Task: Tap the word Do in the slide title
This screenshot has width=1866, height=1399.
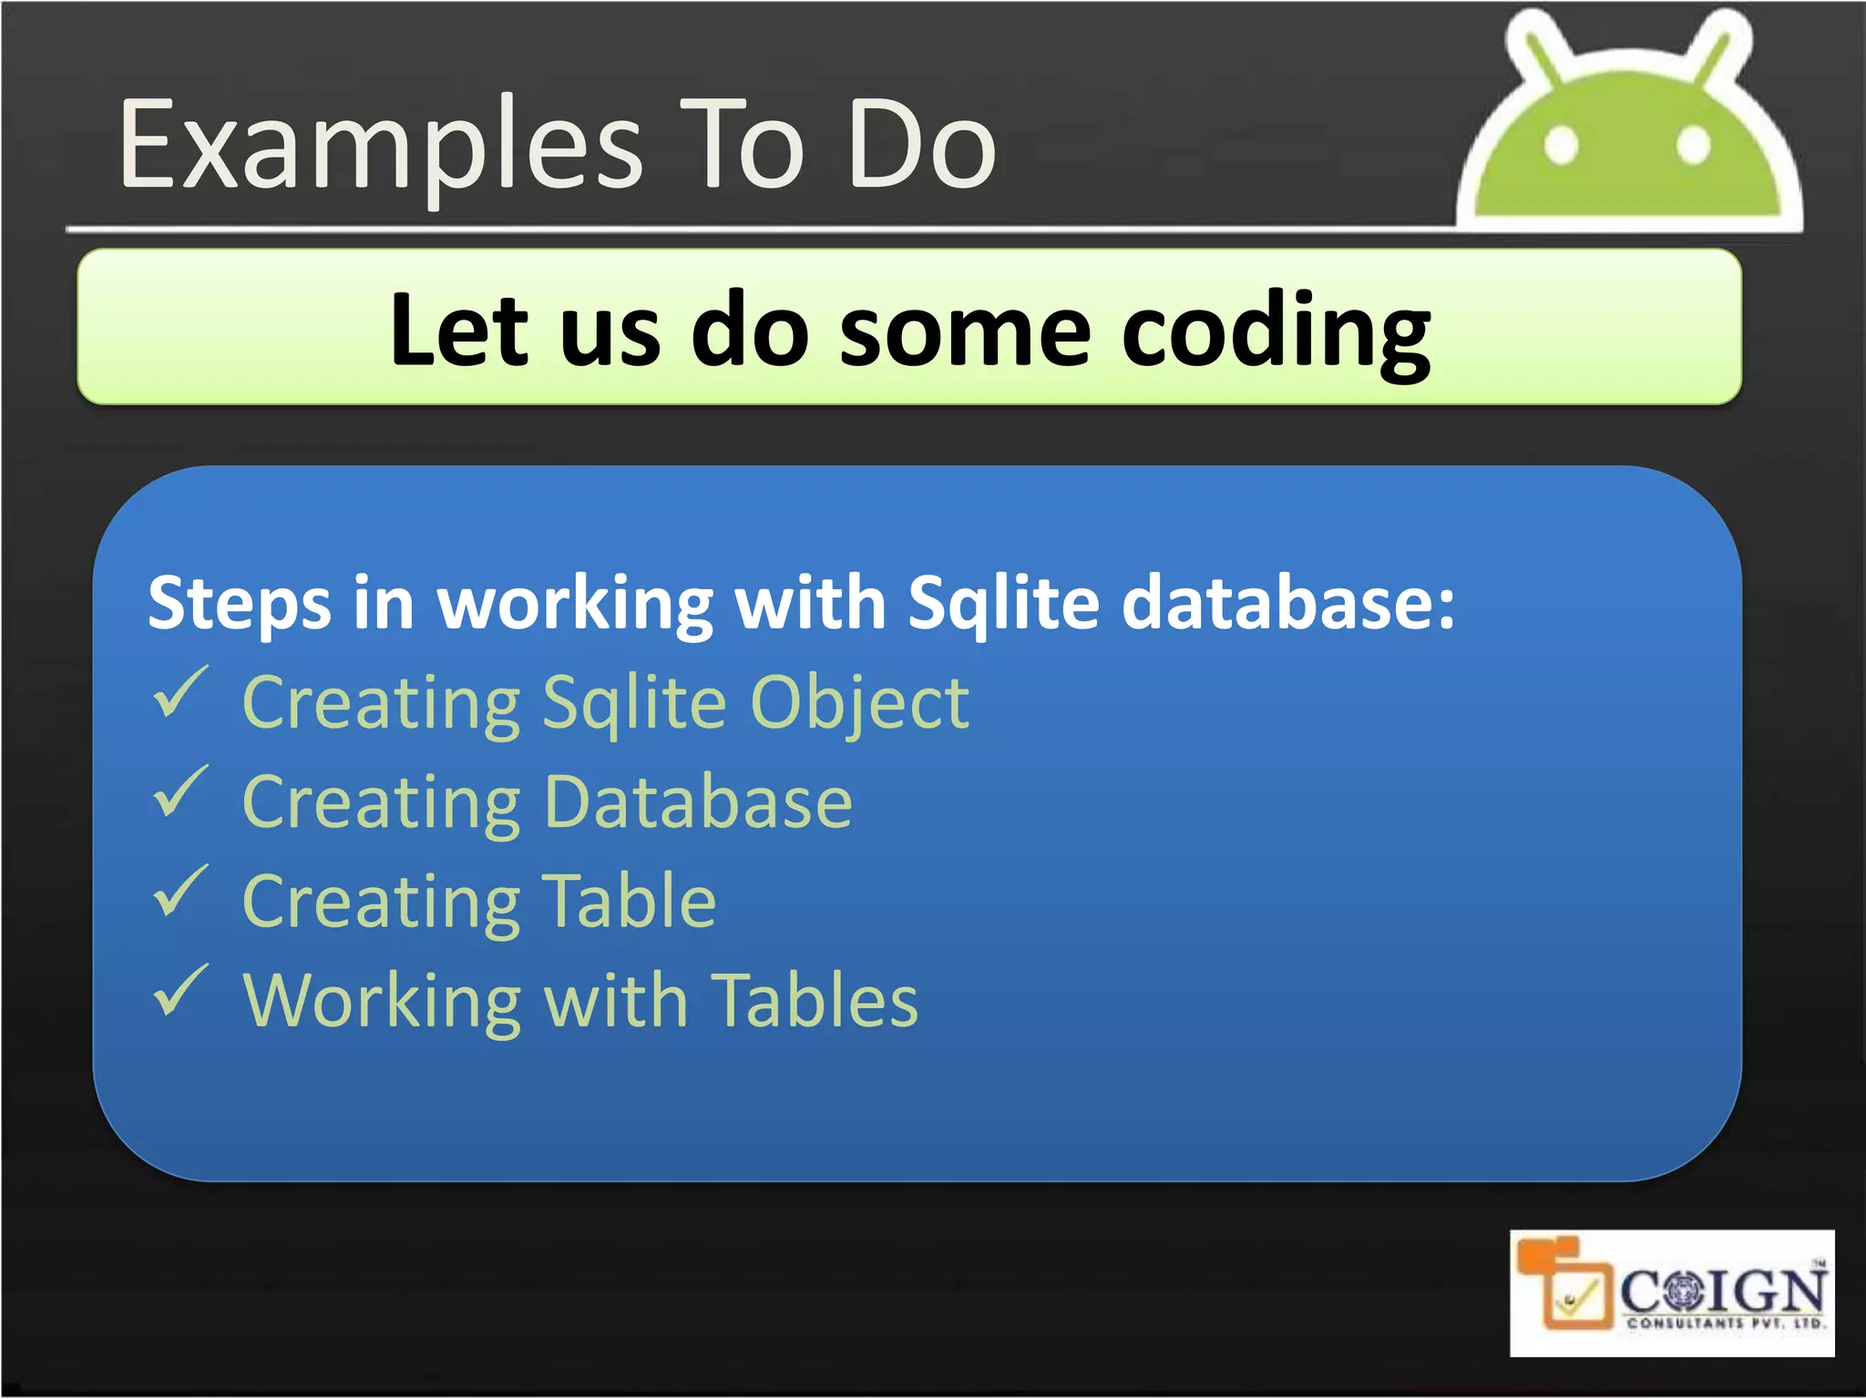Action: pyautogui.click(x=922, y=146)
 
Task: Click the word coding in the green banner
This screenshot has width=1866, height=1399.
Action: pyautogui.click(x=1276, y=332)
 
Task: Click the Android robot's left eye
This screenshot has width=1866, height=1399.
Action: pyautogui.click(x=1561, y=146)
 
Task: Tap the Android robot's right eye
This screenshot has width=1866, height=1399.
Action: pyautogui.click(x=1693, y=146)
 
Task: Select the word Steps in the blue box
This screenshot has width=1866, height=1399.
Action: pyautogui.click(x=239, y=604)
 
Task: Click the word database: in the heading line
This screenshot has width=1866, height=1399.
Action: pyautogui.click(x=1287, y=604)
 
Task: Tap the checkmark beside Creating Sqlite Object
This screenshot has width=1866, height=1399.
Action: pyautogui.click(x=179, y=693)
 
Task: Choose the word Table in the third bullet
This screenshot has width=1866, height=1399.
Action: pyautogui.click(x=629, y=902)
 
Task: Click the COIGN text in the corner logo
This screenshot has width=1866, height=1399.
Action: pyautogui.click(x=1722, y=1291)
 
